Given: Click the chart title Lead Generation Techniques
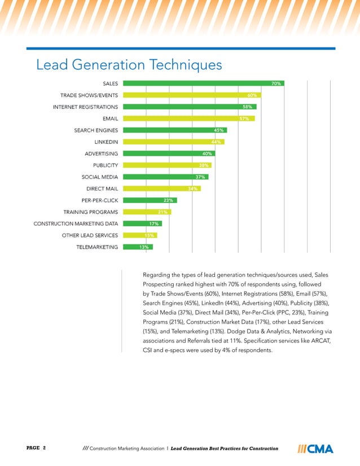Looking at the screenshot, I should [129, 65].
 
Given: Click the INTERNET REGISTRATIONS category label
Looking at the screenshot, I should [85, 107].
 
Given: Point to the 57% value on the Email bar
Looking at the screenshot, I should [244, 118].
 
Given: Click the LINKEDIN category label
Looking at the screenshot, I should [106, 142].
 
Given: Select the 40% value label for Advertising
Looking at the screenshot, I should [207, 153].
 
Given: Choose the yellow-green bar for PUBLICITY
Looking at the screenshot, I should [164, 165].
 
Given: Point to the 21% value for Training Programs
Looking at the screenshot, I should [163, 212].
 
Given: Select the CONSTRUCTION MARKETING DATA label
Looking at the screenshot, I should [76, 223].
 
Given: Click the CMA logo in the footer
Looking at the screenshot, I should [315, 449].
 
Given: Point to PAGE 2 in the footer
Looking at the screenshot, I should [36, 448].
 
